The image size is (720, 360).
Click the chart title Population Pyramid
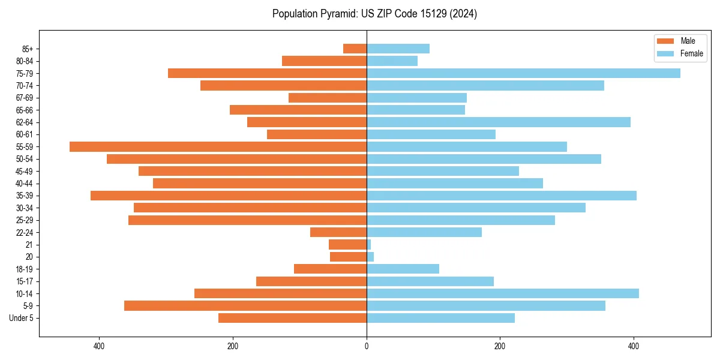(x=374, y=14)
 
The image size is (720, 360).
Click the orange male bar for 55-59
(x=218, y=146)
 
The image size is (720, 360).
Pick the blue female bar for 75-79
(x=523, y=73)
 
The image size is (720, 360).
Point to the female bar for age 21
(x=368, y=244)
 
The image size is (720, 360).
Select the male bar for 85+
(x=355, y=49)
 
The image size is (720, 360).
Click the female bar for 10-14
(x=502, y=293)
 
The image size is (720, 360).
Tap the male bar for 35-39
(x=229, y=196)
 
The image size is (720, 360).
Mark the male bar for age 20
(x=348, y=257)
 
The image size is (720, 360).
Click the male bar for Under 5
(x=292, y=318)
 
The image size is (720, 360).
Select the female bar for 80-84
(x=392, y=61)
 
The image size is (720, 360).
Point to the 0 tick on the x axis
(x=367, y=346)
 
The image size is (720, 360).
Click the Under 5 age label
(x=21, y=318)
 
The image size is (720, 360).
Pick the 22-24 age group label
(x=25, y=232)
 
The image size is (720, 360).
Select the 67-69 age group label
(x=25, y=98)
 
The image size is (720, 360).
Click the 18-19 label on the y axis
(x=25, y=269)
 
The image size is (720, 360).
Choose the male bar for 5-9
(x=245, y=305)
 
